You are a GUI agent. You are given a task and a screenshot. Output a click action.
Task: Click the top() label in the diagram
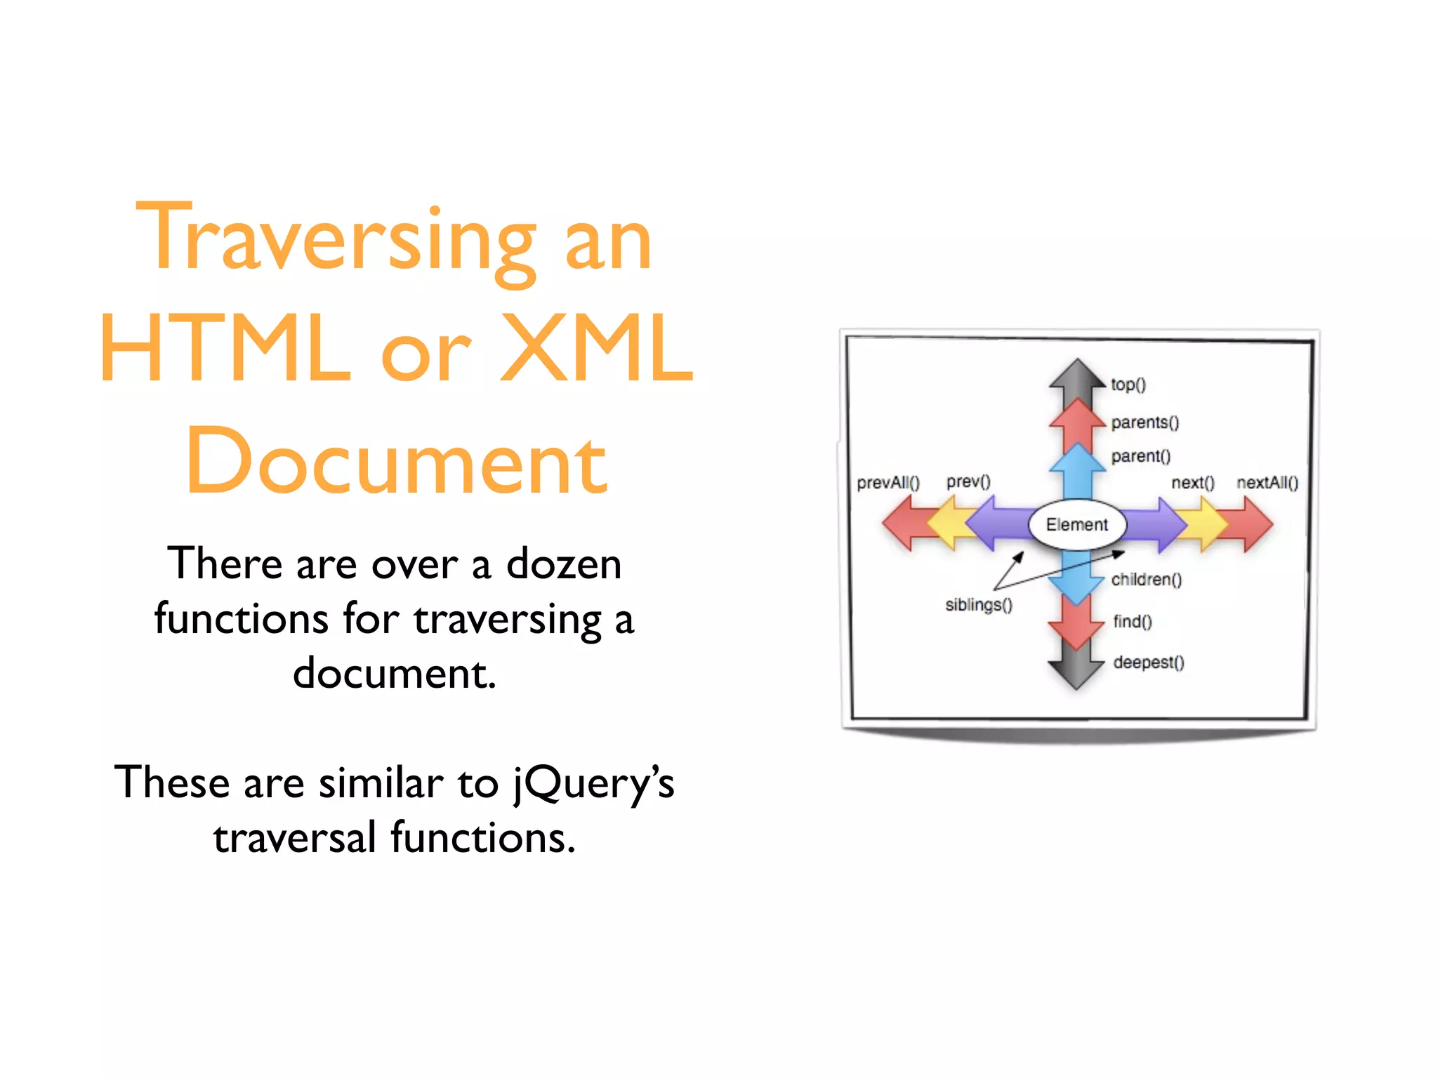1128,385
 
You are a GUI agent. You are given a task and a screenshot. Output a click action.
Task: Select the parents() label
1145,422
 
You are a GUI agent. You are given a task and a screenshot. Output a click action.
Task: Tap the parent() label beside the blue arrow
1140,456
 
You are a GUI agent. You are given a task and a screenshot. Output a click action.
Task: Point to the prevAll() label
888,483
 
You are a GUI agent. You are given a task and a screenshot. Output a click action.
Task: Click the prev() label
968,481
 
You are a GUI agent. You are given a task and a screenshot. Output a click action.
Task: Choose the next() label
1192,483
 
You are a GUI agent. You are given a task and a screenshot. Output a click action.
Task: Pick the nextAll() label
1267,483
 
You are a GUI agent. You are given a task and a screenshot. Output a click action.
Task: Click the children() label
1146,580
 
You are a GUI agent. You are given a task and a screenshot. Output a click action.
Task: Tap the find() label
1132,622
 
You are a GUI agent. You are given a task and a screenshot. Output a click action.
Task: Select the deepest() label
1148,663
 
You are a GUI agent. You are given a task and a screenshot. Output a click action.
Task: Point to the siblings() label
978,605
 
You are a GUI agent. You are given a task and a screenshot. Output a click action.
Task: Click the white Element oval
1076,524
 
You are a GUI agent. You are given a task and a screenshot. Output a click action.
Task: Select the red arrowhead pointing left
899,524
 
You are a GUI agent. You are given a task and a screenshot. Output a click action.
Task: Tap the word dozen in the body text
564,564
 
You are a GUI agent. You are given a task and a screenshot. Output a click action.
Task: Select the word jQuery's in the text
593,783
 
